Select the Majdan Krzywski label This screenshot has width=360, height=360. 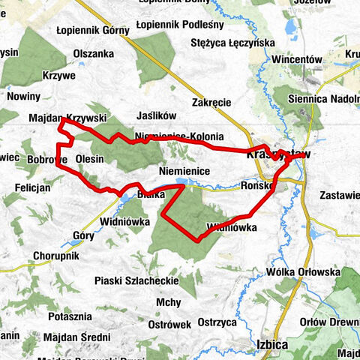coord(67,118)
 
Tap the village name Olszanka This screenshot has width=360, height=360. coord(94,53)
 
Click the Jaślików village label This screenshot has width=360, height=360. coord(157,116)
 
